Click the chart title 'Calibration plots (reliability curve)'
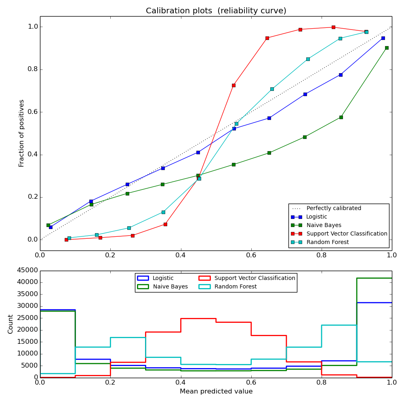pyautogui.click(x=216, y=11)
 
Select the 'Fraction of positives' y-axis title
pyautogui.click(x=22, y=133)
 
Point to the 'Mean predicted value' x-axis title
pyautogui.click(x=216, y=391)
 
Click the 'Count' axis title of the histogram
pyautogui.click(x=11, y=324)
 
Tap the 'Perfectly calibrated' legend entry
pyautogui.click(x=334, y=208)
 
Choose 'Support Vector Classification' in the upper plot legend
pyautogui.click(x=347, y=234)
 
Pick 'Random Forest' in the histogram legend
pyautogui.click(x=236, y=286)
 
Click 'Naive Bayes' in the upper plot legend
pyautogui.click(x=324, y=225)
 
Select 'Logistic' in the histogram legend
pyautogui.click(x=163, y=278)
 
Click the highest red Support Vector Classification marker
pyautogui.click(x=333, y=27)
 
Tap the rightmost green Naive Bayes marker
pyautogui.click(x=387, y=48)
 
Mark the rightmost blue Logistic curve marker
pyautogui.click(x=383, y=38)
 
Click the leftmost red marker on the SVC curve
pyautogui.click(x=66, y=240)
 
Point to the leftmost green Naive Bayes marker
pyautogui.click(x=48, y=225)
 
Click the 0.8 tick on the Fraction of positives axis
pyautogui.click(x=32, y=69)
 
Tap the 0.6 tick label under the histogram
pyautogui.click(x=251, y=382)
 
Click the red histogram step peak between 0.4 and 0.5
pyautogui.click(x=198, y=318)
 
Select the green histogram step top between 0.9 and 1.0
pyautogui.click(x=374, y=278)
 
